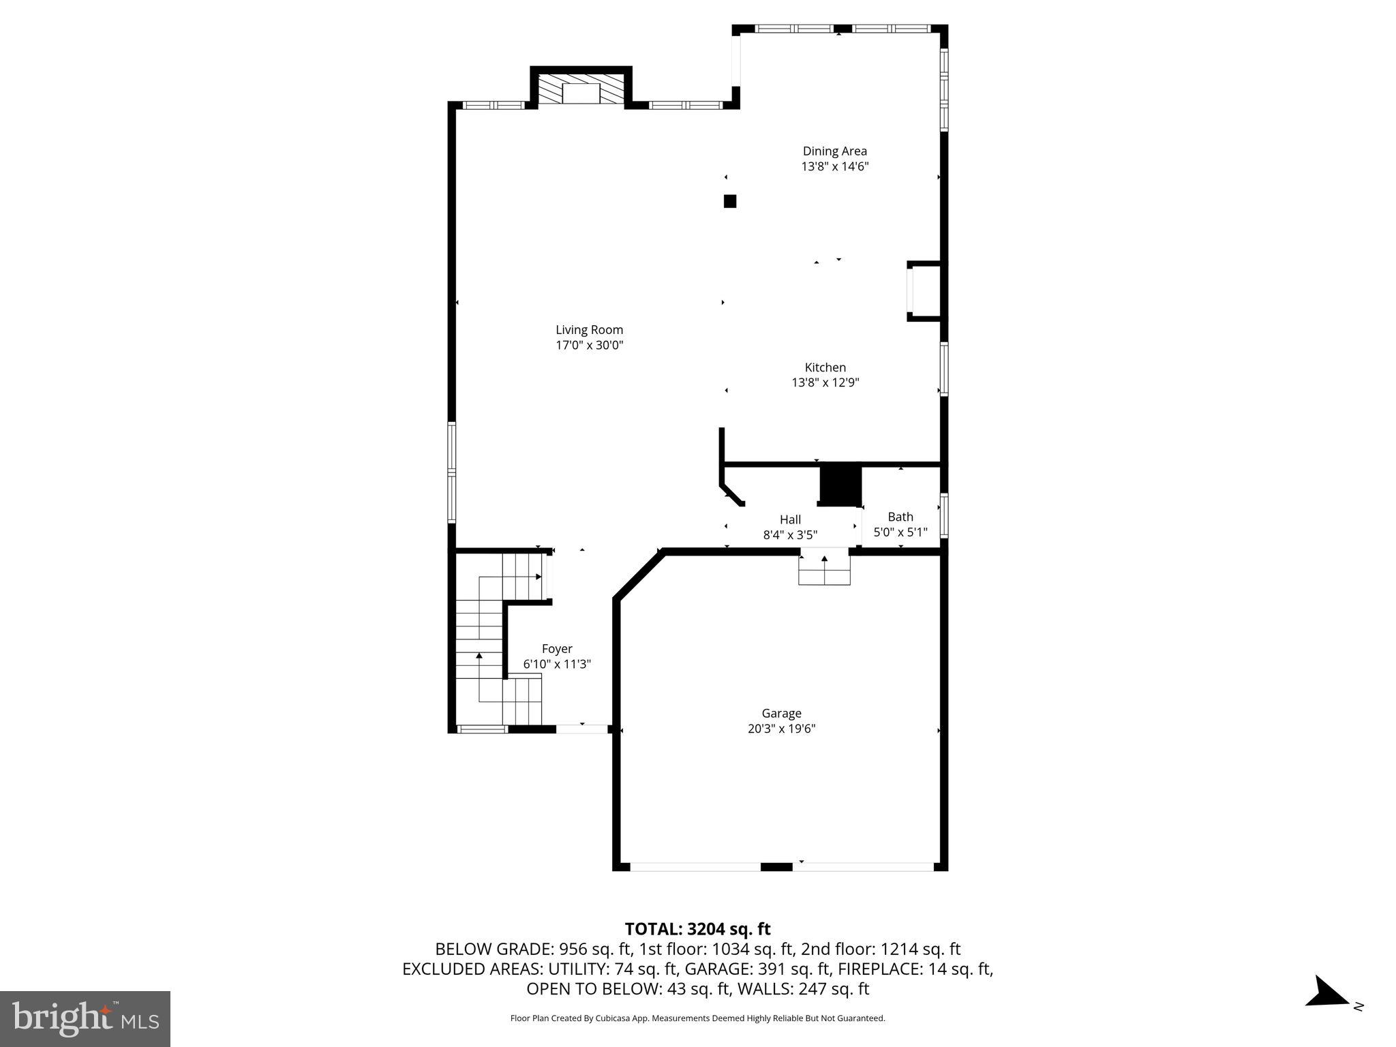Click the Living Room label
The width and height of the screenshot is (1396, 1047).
pos(589,330)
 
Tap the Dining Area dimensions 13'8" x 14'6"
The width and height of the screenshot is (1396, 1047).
pos(834,166)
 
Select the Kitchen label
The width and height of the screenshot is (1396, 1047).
pos(825,367)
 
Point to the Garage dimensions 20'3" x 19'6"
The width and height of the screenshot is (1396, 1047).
pos(781,729)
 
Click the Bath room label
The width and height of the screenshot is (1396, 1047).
pos(900,517)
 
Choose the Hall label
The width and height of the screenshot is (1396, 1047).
pos(790,519)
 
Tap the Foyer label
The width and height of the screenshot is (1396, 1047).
pos(557,649)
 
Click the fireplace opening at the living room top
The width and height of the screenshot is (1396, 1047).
pos(581,94)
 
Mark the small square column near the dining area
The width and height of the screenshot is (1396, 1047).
pos(730,201)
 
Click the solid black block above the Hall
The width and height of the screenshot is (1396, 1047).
pos(840,484)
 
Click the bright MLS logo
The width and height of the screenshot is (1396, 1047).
pos(85,1018)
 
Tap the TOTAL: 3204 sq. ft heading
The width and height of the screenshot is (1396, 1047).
pos(697,929)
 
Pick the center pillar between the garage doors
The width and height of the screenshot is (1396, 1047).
pos(776,866)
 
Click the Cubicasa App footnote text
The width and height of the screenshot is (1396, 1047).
pos(697,1018)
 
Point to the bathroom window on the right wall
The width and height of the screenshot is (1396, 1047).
pos(944,516)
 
